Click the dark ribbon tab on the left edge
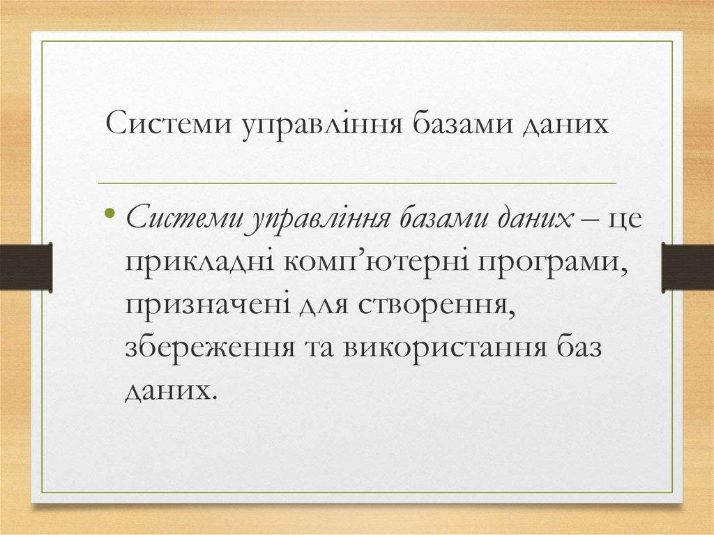pos(26,266)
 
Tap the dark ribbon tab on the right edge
pos(688,266)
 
